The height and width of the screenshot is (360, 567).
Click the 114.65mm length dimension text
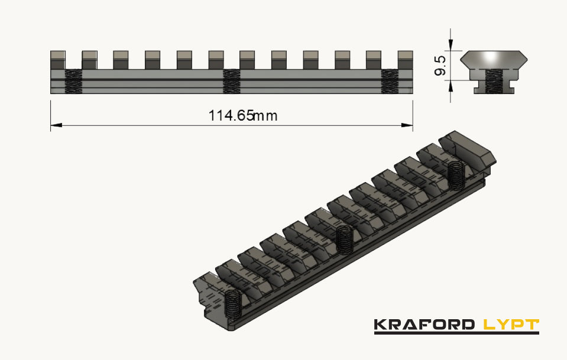[242, 116]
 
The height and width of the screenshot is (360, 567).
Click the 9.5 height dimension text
[439, 66]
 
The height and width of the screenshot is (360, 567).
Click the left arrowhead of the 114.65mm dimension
[55, 125]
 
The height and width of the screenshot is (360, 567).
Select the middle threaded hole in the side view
[232, 82]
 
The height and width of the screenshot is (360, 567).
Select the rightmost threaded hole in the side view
[390, 82]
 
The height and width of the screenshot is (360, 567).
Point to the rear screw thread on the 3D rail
[455, 175]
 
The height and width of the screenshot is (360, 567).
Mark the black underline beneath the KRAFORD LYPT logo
[456, 333]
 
